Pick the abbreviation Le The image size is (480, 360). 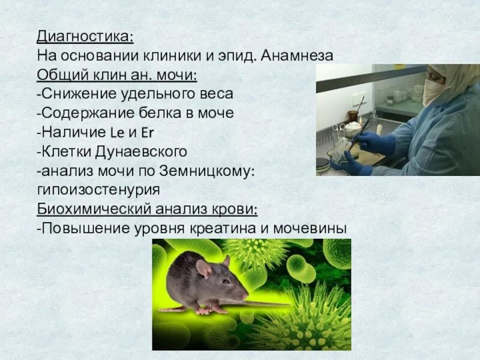click(118, 132)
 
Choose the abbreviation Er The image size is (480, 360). click(149, 132)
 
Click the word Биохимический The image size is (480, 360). click(93, 209)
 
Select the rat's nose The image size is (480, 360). click(245, 295)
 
